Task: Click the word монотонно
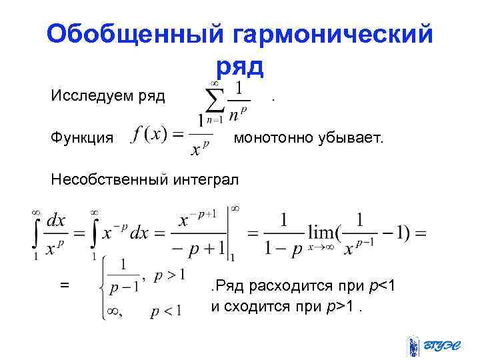point(274,137)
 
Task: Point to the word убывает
point(351,137)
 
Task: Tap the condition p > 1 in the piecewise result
point(169,275)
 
